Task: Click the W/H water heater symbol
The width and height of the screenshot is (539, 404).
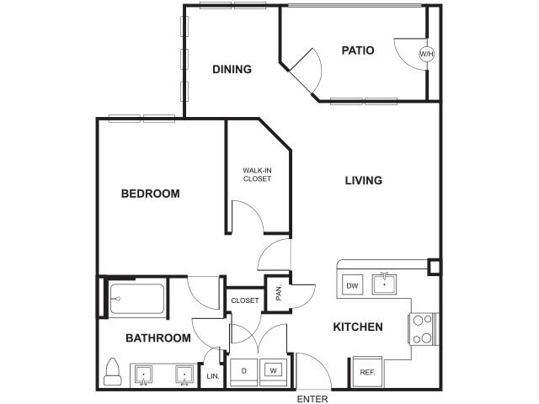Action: [x=427, y=54]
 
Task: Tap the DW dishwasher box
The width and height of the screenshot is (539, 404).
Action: [x=352, y=285]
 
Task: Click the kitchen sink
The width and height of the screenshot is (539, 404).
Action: [x=384, y=281]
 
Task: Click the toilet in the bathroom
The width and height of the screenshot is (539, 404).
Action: [x=113, y=371]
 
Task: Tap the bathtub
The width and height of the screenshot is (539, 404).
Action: [x=136, y=299]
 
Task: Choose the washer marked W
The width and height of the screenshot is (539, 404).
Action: [x=272, y=370]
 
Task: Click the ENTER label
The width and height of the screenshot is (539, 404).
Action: [x=312, y=398]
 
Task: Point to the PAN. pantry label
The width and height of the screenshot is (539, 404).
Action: [x=278, y=293]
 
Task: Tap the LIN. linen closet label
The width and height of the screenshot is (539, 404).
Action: [x=212, y=376]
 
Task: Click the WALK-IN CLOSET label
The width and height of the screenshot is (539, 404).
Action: [x=257, y=173]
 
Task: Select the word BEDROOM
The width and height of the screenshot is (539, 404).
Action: [x=150, y=194]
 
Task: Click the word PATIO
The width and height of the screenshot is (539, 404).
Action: [x=357, y=50]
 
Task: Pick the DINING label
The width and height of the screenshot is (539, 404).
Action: [x=232, y=69]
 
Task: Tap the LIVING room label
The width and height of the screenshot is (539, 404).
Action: [x=364, y=180]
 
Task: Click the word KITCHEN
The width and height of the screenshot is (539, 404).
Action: [x=358, y=327]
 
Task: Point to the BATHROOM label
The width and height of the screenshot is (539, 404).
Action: [x=157, y=338]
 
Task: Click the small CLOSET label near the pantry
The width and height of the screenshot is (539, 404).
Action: [x=245, y=300]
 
